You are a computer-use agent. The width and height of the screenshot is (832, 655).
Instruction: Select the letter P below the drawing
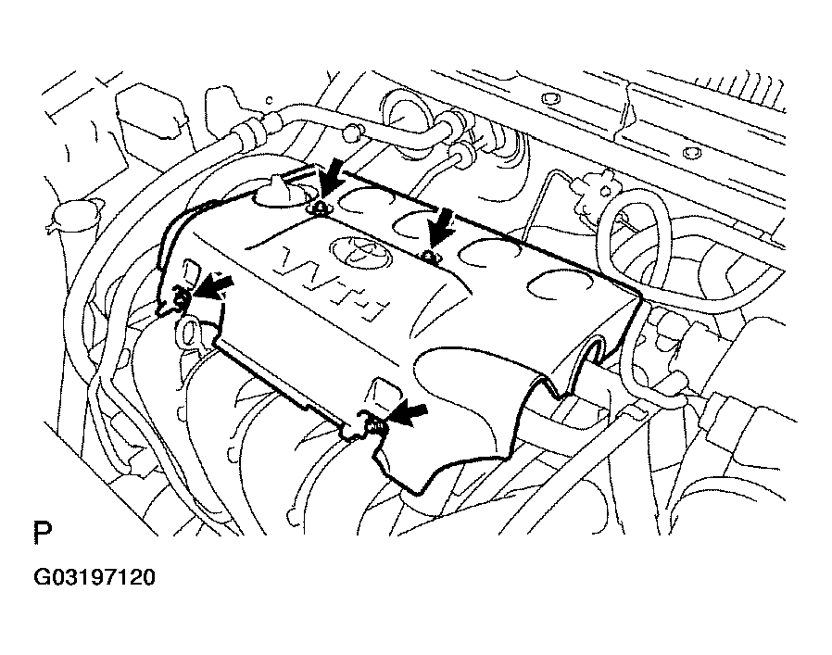coord(43,535)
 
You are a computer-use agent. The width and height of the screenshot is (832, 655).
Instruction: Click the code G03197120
coord(95,578)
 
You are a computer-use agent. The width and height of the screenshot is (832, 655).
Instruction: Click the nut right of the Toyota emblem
coord(427,255)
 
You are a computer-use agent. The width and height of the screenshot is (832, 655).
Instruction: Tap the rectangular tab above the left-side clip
coord(192,271)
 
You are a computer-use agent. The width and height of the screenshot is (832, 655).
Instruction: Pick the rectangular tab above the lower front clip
coord(381,389)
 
